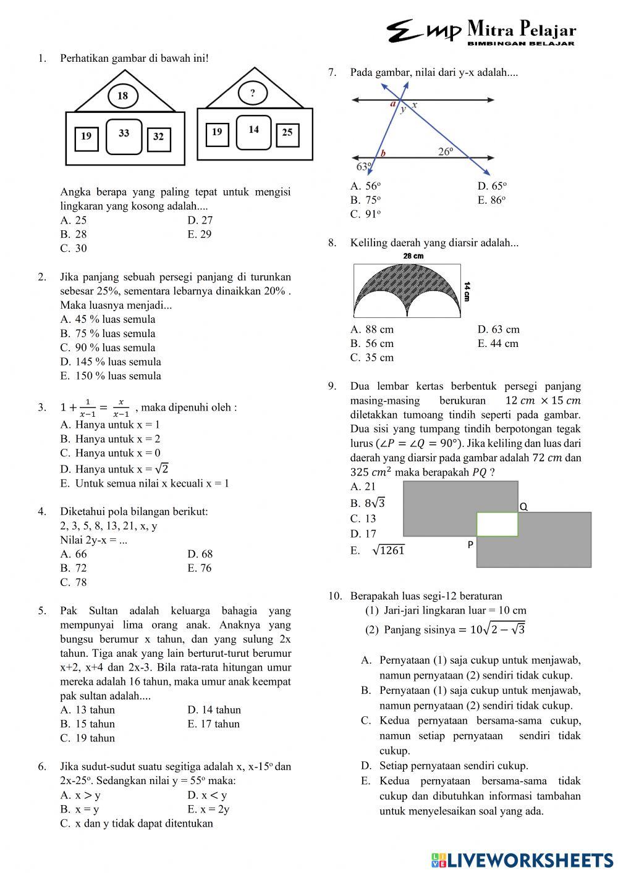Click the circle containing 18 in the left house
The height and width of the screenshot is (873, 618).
[x=122, y=96]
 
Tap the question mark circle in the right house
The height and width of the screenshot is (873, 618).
[x=252, y=93]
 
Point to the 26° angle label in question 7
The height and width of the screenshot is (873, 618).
[x=446, y=151]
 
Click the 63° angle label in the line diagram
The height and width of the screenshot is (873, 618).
[x=363, y=166]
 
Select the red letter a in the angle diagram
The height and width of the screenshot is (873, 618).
[x=392, y=104]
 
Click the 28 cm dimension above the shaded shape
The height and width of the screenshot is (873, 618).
[x=413, y=256]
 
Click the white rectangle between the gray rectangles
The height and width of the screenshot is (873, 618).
[x=497, y=524]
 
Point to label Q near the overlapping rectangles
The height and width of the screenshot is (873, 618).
[x=523, y=506]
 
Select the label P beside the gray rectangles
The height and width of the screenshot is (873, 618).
[x=470, y=545]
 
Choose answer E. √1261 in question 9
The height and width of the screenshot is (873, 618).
[x=378, y=550]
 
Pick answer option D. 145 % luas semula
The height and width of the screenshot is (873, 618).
[x=111, y=362]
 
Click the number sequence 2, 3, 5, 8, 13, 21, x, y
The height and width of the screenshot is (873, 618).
[x=108, y=526]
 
